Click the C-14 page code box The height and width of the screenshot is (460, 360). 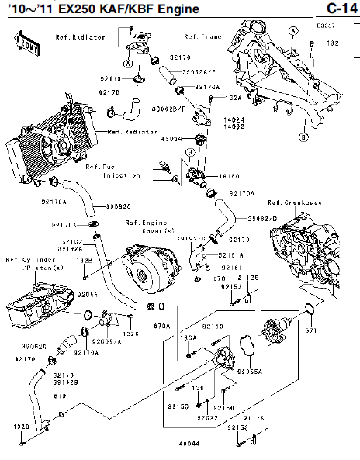(x=337, y=9)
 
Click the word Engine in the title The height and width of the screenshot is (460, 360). (x=168, y=9)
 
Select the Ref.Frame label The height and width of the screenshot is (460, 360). (x=201, y=36)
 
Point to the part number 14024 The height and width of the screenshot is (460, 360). (x=234, y=120)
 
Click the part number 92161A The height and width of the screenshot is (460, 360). (x=232, y=254)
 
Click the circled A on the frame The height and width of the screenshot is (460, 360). (x=292, y=29)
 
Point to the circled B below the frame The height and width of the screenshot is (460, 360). (x=304, y=136)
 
